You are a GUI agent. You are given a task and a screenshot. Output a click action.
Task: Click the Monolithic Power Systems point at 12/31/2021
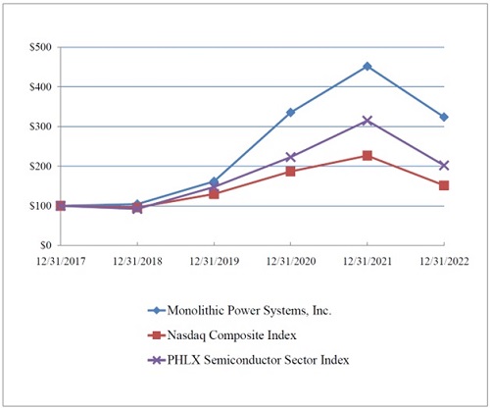tap(367, 66)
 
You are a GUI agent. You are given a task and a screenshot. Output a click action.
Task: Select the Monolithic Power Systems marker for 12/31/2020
tap(290, 112)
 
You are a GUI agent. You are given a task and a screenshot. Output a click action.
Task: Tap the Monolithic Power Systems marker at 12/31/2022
tap(444, 117)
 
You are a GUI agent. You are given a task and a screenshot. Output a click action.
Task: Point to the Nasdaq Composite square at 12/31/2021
tap(367, 155)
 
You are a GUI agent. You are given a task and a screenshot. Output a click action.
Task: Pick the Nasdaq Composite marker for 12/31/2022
tap(444, 184)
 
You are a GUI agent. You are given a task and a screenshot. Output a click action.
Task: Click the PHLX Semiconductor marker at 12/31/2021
tap(367, 120)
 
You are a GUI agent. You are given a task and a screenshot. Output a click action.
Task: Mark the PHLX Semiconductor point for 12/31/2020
tap(290, 157)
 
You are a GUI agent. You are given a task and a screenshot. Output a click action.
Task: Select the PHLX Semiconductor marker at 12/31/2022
tap(444, 165)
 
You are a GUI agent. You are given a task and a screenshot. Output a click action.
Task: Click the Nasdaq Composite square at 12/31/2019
tap(214, 194)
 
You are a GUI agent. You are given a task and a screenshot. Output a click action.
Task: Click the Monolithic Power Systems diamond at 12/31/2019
tap(214, 181)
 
